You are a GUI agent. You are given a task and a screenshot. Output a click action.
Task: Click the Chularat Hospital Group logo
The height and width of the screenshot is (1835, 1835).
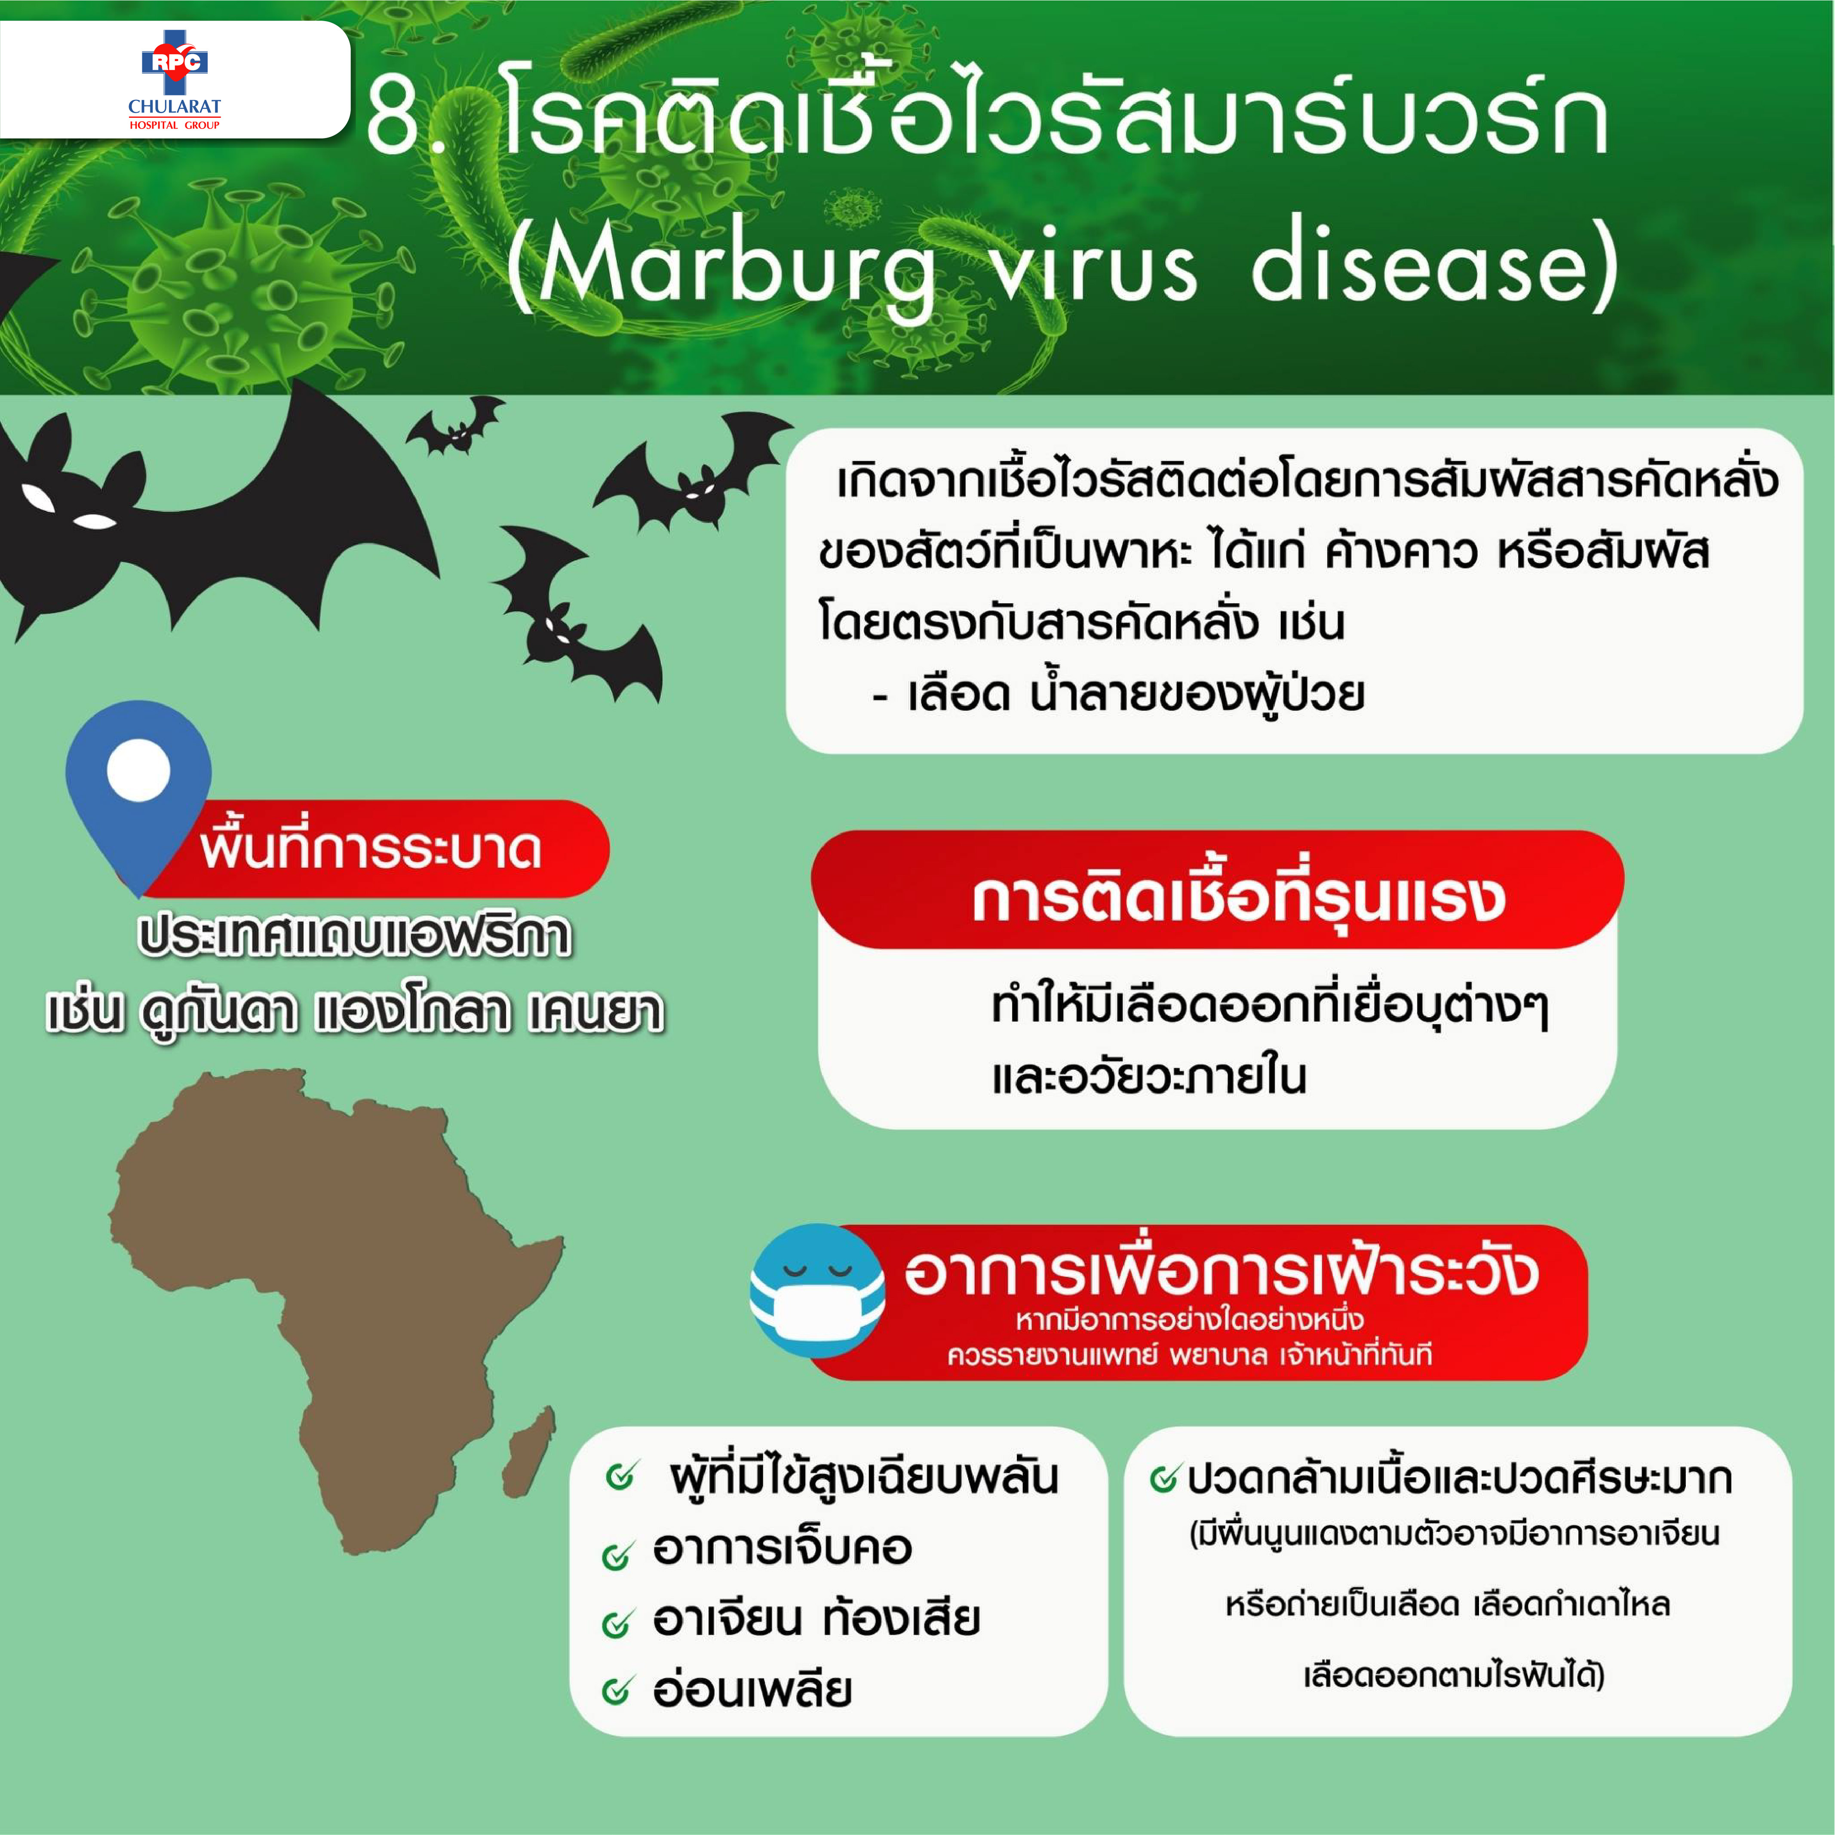(175, 81)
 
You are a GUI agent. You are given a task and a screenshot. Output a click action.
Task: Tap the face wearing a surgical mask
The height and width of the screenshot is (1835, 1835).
(817, 1290)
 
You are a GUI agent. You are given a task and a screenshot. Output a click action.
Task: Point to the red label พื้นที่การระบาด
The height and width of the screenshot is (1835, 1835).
(371, 848)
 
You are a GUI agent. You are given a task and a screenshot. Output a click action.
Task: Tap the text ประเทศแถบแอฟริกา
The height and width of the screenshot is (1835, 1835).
(354, 936)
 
